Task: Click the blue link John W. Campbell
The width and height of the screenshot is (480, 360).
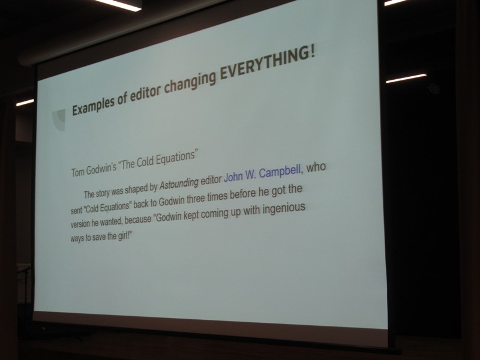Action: tap(262, 173)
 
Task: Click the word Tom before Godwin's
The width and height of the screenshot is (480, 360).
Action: tap(77, 172)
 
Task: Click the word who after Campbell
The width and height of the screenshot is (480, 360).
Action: tap(316, 168)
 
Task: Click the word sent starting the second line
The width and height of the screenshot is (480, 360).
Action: tap(77, 210)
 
